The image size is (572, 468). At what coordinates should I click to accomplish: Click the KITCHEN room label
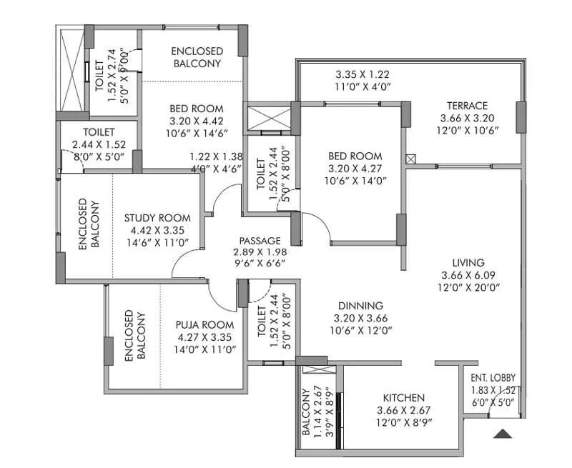tap(403, 398)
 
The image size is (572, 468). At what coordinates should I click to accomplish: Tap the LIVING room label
tap(468, 262)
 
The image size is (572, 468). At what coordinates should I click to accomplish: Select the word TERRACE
tap(468, 105)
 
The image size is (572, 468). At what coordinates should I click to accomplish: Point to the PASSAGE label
tap(260, 240)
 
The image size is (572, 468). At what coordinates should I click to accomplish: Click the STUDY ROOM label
tap(157, 218)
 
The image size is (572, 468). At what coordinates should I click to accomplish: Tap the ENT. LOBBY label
tap(493, 378)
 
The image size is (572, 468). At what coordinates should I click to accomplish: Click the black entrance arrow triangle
tap(503, 433)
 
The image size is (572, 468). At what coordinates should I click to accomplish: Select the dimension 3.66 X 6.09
tap(468, 275)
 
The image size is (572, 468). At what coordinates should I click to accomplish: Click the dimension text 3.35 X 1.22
tap(363, 74)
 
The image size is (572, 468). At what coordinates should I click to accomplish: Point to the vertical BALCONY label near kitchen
tap(306, 412)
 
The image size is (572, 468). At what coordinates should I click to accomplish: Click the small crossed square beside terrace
tap(410, 159)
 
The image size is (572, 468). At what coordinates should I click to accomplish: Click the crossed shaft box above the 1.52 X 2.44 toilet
tap(270, 117)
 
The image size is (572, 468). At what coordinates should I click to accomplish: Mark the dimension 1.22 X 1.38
tap(216, 156)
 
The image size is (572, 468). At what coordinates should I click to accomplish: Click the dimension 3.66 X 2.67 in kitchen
tap(403, 410)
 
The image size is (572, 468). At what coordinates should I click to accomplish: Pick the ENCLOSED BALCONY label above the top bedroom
tap(197, 57)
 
